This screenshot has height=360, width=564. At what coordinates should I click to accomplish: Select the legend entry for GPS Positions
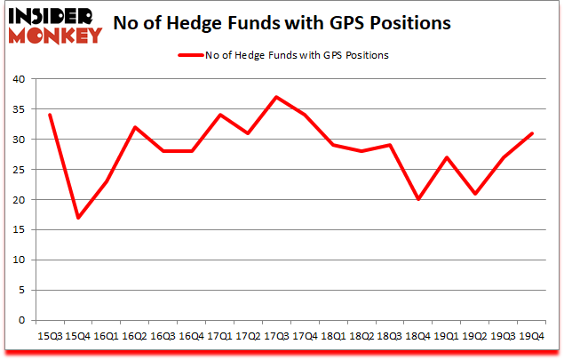pos(293,55)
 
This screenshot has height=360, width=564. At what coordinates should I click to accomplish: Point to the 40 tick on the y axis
pos(19,80)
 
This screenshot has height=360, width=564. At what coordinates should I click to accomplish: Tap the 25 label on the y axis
pos(19,170)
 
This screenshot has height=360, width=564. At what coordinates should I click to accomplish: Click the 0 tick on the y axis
pos(22,320)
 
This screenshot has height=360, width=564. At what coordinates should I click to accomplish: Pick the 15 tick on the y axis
pos(19,230)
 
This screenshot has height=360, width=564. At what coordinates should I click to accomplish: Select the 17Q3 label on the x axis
pos(276,337)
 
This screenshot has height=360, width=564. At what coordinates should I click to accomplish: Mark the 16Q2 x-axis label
pos(133,337)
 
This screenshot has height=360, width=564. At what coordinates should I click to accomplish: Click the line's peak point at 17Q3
pos(276,97)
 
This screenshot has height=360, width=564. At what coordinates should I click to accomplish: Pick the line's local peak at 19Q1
pos(448,157)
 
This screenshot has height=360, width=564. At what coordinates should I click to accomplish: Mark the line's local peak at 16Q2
pos(133,127)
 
